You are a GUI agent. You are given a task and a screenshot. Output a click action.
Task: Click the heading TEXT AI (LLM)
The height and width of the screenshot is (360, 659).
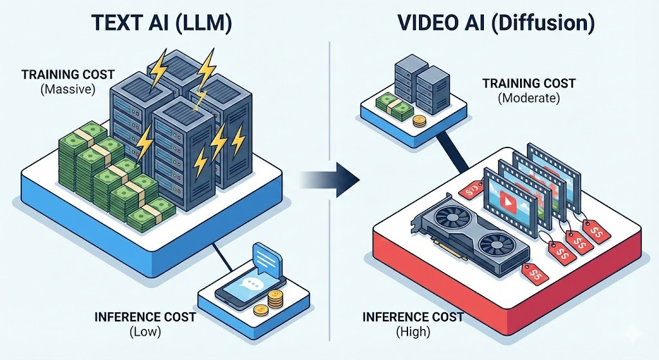click(161, 24)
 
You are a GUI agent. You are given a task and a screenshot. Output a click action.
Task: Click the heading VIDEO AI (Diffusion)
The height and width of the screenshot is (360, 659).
click(496, 24)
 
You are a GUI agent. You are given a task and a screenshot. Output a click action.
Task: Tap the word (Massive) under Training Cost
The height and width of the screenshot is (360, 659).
click(68, 89)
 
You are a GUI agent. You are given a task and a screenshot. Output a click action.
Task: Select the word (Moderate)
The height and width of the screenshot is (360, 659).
click(529, 98)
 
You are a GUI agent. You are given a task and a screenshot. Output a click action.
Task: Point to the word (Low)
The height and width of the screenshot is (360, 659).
click(145, 332)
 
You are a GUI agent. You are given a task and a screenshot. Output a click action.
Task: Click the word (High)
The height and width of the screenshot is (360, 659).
click(413, 332)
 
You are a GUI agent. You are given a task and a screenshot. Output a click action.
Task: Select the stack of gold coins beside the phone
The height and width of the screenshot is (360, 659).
click(275, 299)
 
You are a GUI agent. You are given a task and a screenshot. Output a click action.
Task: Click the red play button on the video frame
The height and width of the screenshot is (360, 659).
click(505, 203)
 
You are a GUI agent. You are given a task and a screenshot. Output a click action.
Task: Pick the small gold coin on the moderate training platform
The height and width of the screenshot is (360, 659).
click(419, 122)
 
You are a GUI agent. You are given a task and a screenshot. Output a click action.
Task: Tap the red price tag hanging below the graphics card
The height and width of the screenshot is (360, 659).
click(535, 274)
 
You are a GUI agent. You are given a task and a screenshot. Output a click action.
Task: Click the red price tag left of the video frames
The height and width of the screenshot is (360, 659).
click(472, 189)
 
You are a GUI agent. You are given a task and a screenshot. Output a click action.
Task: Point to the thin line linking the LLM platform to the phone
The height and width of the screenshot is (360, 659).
click(221, 257)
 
